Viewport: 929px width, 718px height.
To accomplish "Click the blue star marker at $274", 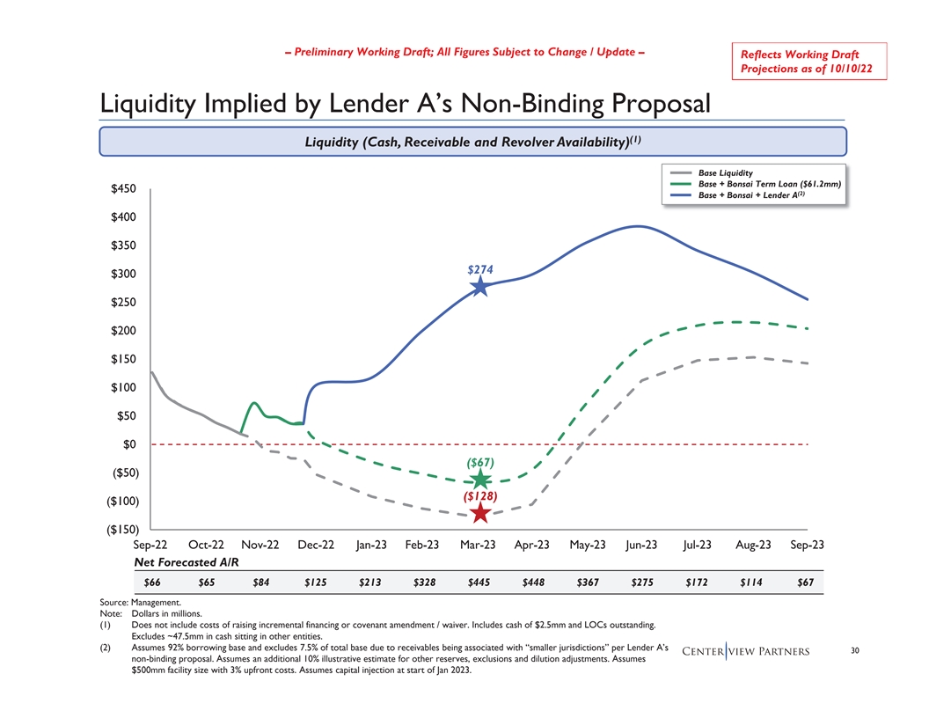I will [x=480, y=286].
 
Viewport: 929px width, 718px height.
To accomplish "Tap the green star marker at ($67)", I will [x=480, y=480].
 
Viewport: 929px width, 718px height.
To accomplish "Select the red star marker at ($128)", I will [x=480, y=513].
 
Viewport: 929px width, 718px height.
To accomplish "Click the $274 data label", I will [x=480, y=269].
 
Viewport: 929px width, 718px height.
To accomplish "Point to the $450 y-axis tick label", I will [x=123, y=189].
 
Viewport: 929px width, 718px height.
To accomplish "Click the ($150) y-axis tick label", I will [x=120, y=530].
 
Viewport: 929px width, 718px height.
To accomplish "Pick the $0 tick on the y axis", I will [x=128, y=444].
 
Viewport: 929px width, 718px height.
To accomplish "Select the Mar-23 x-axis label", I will [x=480, y=546].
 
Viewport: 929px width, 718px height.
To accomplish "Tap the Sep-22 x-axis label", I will [x=150, y=546].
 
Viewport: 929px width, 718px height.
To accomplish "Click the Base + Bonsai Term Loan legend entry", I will [x=769, y=184].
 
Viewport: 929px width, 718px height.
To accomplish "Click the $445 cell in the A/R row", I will [x=480, y=582].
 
